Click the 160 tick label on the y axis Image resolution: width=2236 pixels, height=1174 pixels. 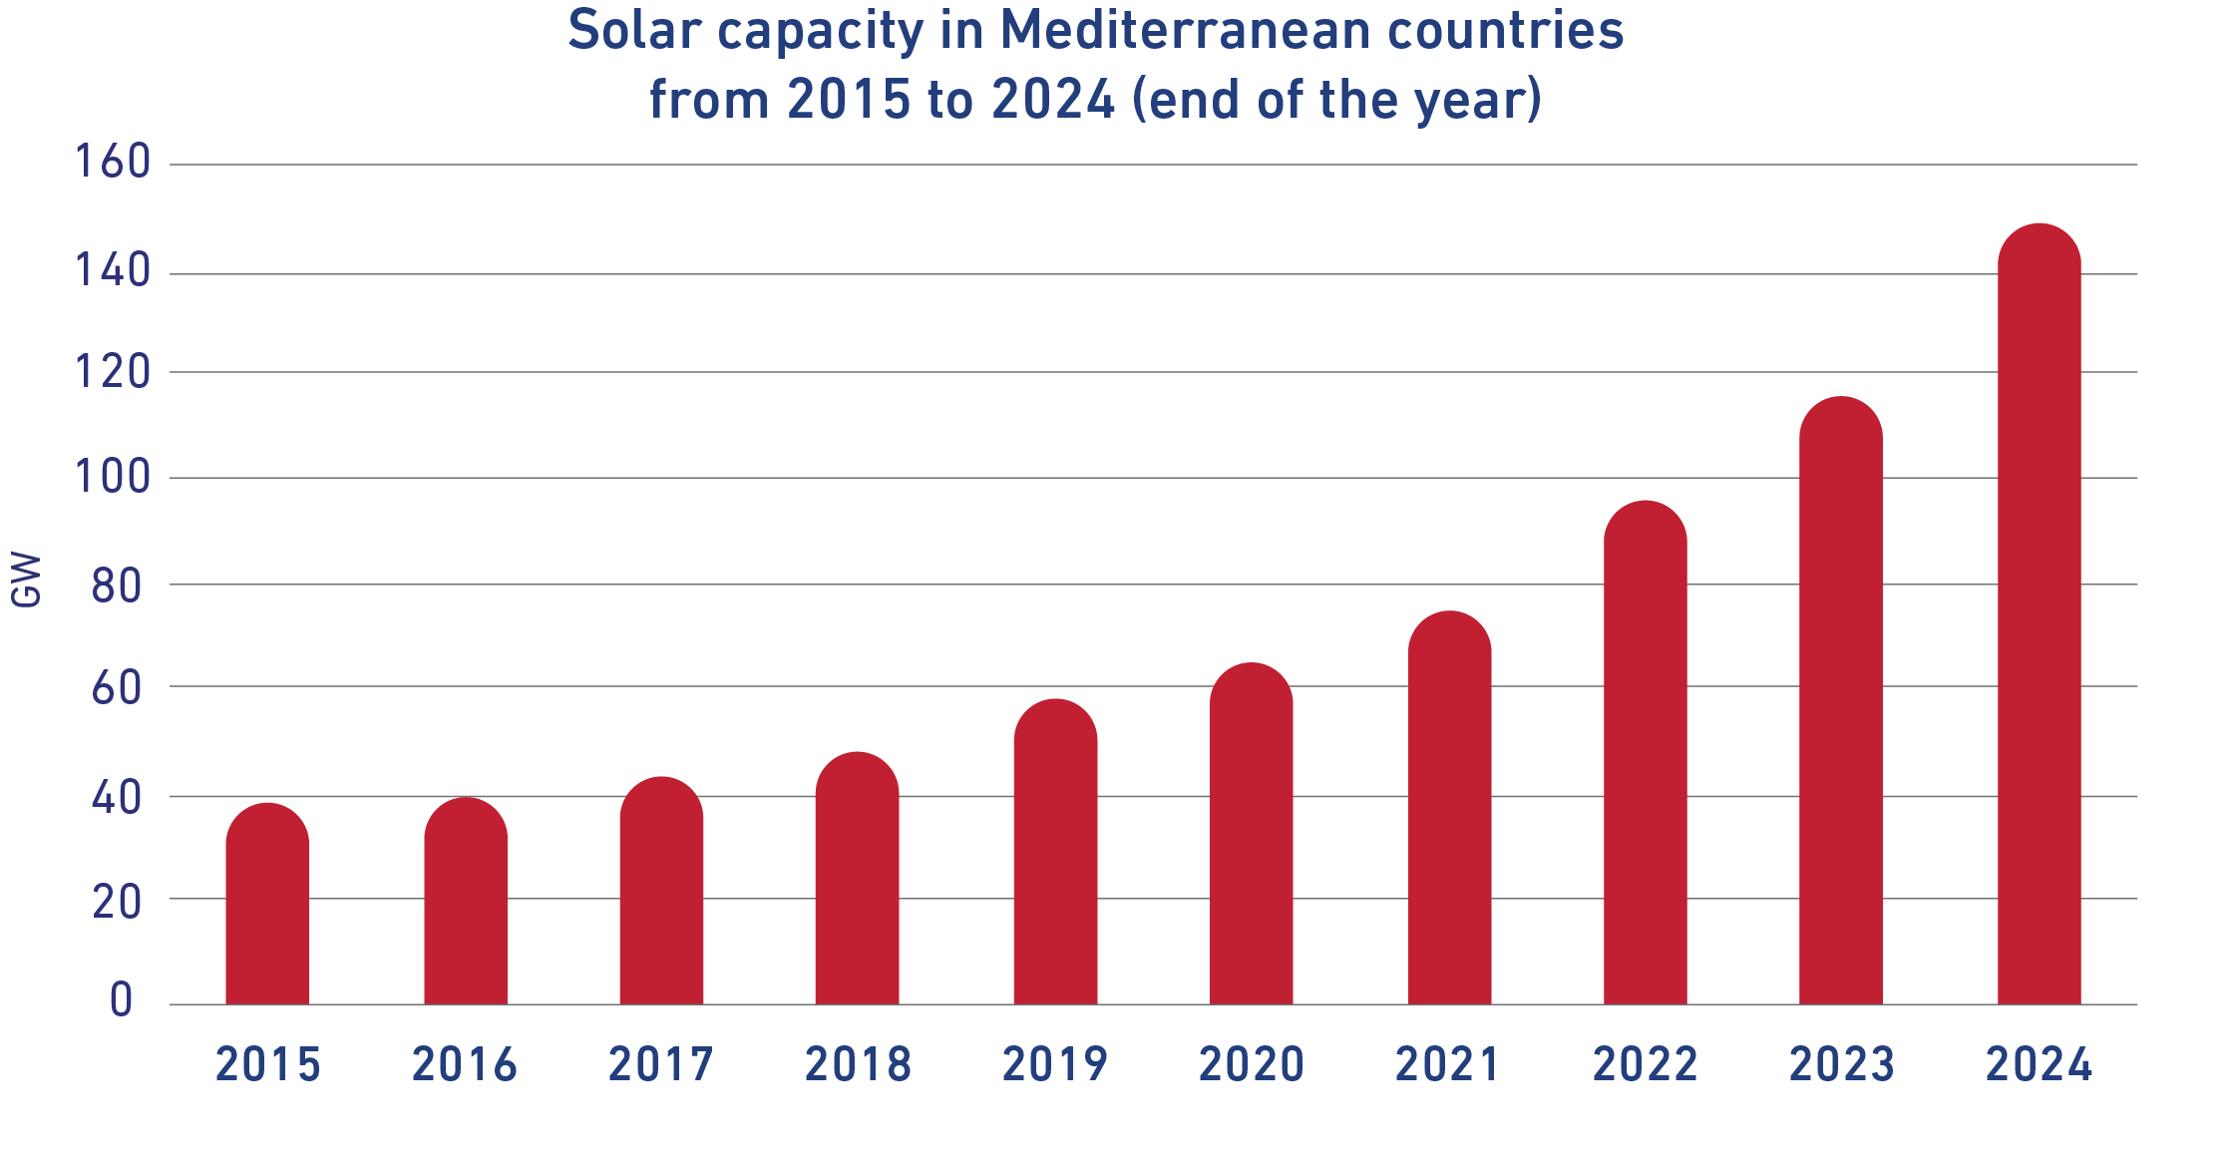(113, 162)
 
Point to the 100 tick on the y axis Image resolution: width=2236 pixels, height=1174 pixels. (113, 477)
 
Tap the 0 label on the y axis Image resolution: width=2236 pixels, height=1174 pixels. (121, 999)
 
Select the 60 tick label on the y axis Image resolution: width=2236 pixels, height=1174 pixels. (118, 688)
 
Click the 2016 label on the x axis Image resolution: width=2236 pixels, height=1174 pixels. (465, 1064)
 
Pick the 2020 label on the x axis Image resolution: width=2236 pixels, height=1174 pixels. (1251, 1064)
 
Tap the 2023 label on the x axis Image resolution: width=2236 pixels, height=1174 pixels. (1841, 1064)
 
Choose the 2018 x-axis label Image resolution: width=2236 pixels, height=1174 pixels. (858, 1064)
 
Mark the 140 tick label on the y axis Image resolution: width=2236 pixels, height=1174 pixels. (113, 270)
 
